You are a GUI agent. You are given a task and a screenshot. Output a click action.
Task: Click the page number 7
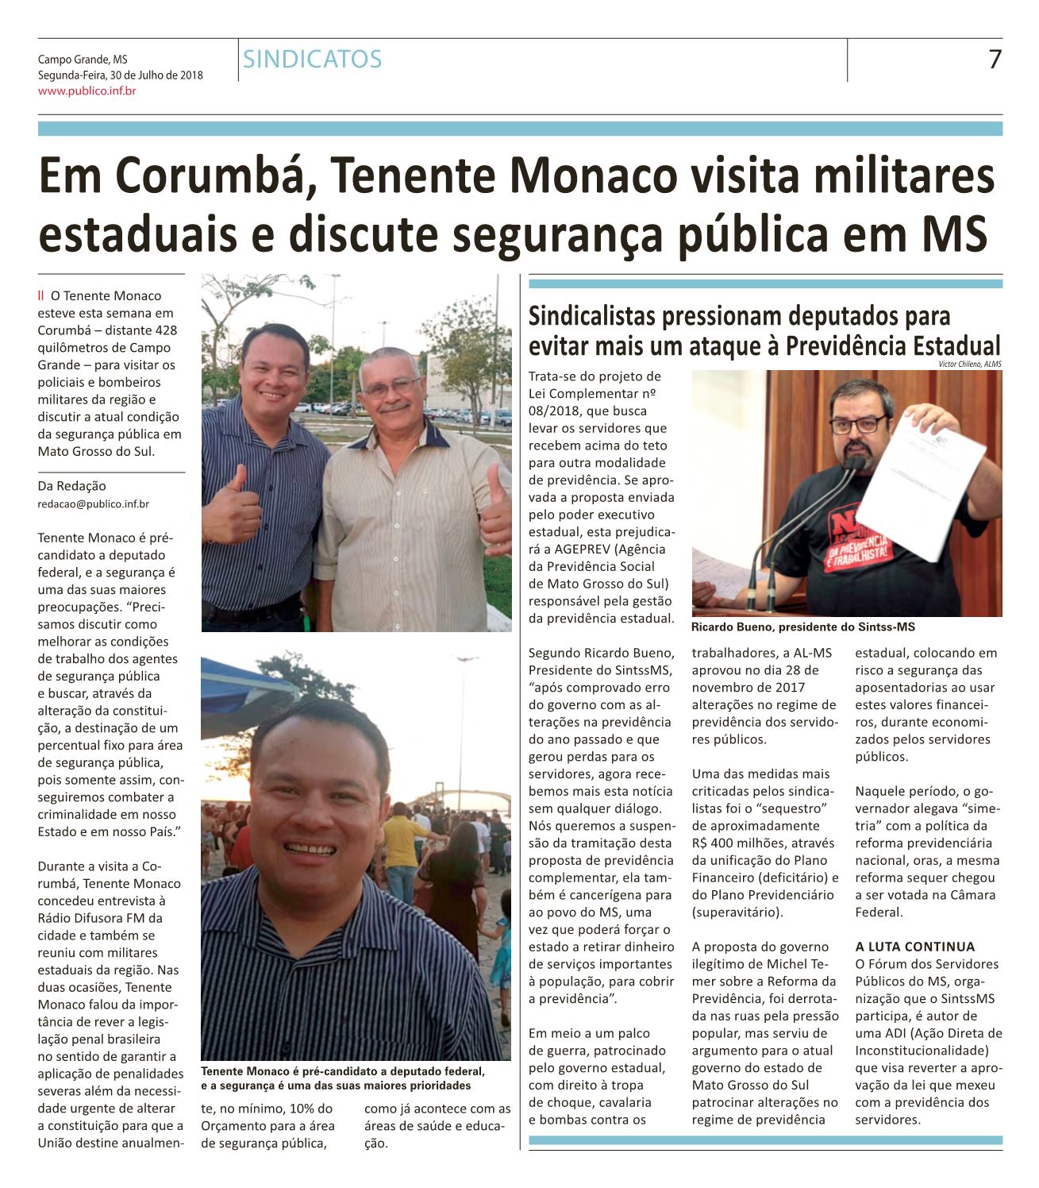pos(994,60)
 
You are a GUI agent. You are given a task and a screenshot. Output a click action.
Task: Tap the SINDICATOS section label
pos(313,59)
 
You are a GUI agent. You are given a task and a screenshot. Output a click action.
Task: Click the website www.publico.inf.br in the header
pos(87,91)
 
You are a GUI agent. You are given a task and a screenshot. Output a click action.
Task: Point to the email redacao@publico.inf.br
pos(94,503)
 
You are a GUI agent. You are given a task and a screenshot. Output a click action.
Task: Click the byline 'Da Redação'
pos(71,486)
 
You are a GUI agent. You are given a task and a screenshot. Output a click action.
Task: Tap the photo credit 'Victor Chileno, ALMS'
pos(970,364)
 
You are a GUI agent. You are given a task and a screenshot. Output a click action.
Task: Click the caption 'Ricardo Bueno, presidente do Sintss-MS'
pos(802,627)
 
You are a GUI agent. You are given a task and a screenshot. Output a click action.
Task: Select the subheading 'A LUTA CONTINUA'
pos(914,947)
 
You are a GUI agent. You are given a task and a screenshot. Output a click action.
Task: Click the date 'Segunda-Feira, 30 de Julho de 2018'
pos(121,75)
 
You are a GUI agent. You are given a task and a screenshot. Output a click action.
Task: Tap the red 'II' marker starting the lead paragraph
pos(41,296)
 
